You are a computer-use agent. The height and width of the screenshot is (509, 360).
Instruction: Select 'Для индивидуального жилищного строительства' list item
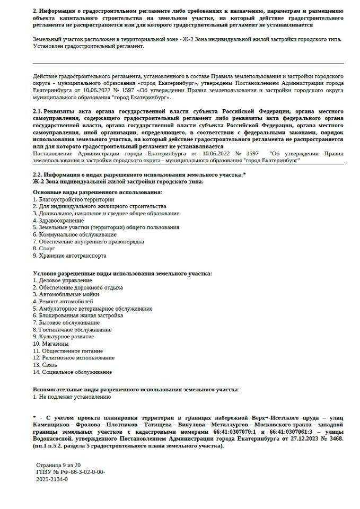[99, 206]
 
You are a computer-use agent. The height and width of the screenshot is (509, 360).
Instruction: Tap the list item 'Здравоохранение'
[58, 220]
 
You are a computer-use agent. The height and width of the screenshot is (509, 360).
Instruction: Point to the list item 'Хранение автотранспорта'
[69, 256]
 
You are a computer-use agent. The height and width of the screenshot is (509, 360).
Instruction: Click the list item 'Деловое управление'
[62, 280]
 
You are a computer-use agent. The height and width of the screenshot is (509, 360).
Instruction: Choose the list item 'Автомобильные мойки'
[64, 294]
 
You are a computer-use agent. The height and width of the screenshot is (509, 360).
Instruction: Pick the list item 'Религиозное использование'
[70, 358]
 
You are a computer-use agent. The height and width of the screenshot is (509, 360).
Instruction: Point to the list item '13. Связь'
[45, 365]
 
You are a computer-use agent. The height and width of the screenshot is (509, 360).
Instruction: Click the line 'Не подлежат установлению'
[72, 396]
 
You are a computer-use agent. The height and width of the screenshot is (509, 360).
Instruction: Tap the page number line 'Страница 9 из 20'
[58, 464]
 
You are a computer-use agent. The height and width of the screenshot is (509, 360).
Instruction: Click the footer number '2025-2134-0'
[52, 479]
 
